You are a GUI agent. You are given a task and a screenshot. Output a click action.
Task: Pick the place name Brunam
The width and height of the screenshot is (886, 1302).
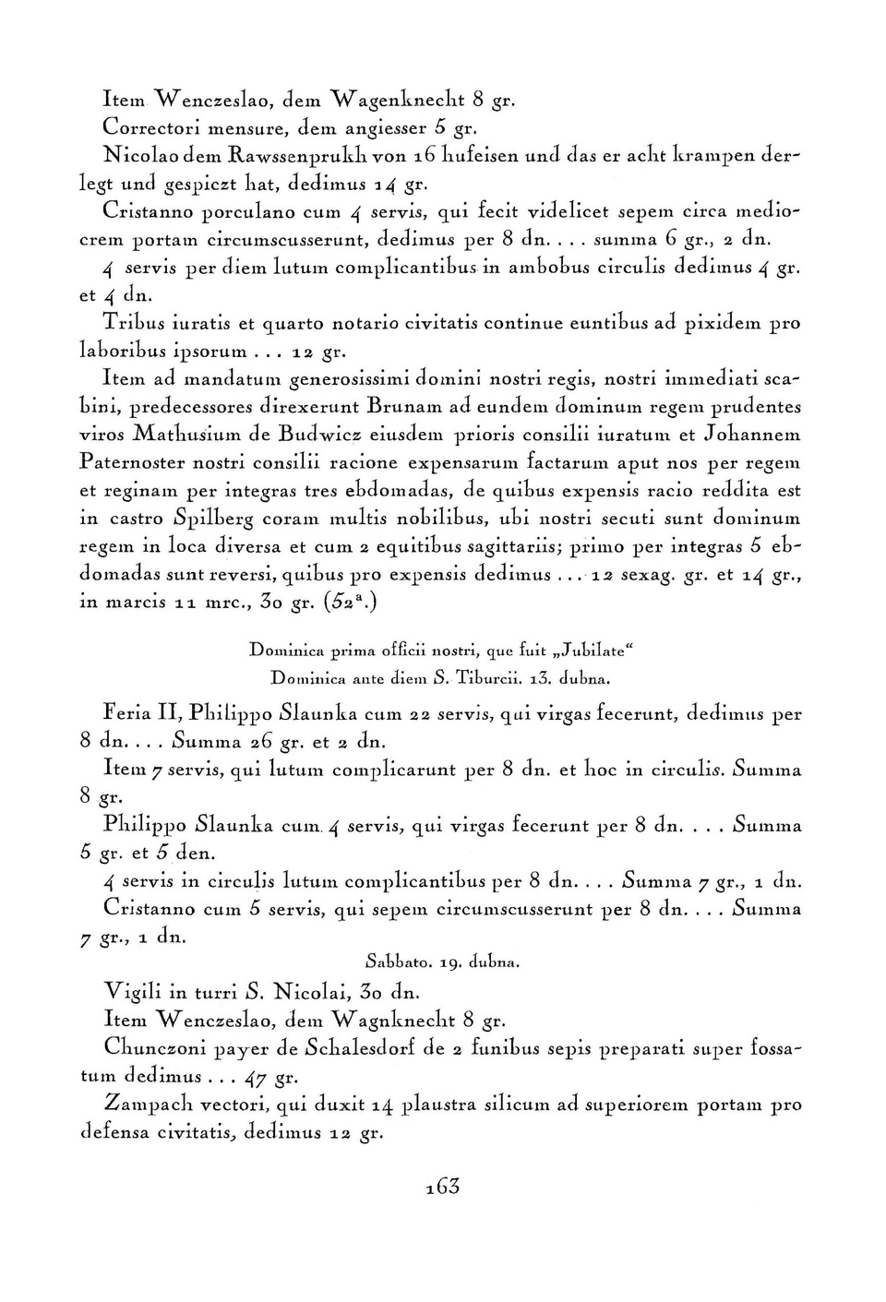click(407, 406)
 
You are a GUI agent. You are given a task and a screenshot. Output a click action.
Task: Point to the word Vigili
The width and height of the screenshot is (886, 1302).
click(132, 993)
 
